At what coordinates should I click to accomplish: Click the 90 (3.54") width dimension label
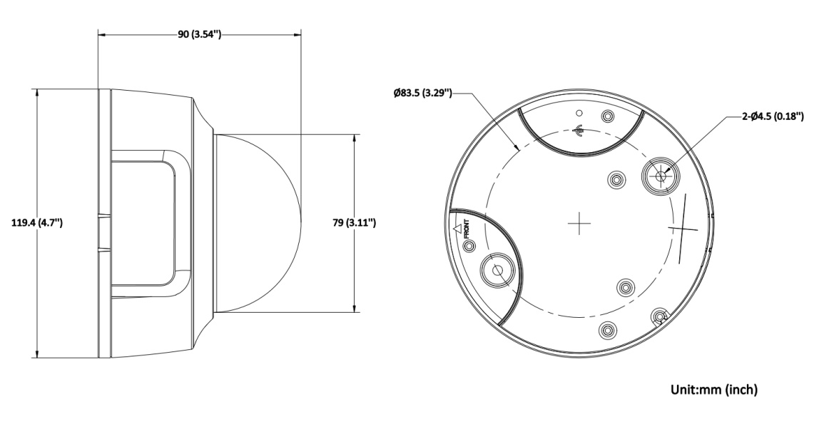click(198, 35)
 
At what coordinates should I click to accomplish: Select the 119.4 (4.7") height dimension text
click(37, 223)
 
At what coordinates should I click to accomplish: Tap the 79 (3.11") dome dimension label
click(354, 223)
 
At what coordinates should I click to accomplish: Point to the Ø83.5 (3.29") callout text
click(422, 94)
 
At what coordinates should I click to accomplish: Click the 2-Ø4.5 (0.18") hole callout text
click(773, 116)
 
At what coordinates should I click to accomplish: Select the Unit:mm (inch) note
click(714, 390)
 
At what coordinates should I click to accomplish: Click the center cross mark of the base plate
click(579, 223)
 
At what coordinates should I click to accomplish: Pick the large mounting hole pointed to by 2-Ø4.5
click(660, 176)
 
